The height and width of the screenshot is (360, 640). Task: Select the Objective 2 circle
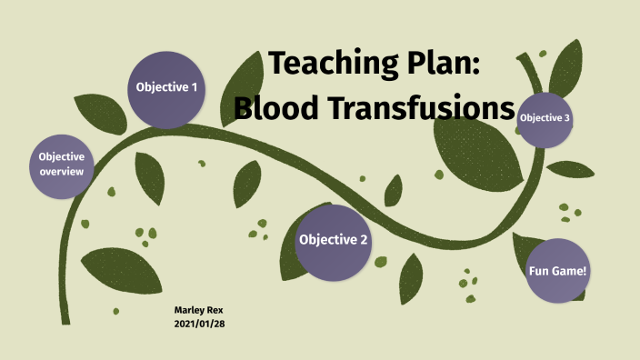pos(333,241)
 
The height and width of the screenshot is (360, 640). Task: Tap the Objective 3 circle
pos(545,118)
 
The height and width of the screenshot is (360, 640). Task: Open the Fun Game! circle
pos(557,271)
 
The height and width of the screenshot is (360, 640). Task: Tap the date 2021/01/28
pos(199,324)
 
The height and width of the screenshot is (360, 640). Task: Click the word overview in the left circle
pos(62,172)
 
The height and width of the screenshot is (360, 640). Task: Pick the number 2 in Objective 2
pos(364,241)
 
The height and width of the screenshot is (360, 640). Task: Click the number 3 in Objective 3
pos(567,118)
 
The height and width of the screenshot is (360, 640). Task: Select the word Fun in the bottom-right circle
pos(539,271)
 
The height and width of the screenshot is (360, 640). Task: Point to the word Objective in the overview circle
pos(62,156)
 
